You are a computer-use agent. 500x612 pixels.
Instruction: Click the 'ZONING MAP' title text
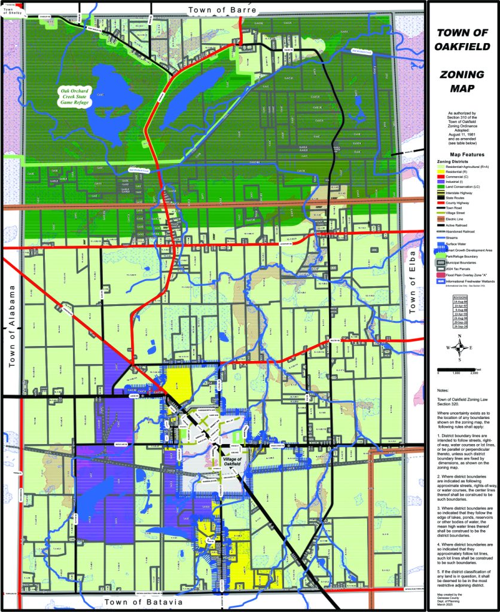462,82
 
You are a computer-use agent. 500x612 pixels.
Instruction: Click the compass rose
460,348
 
